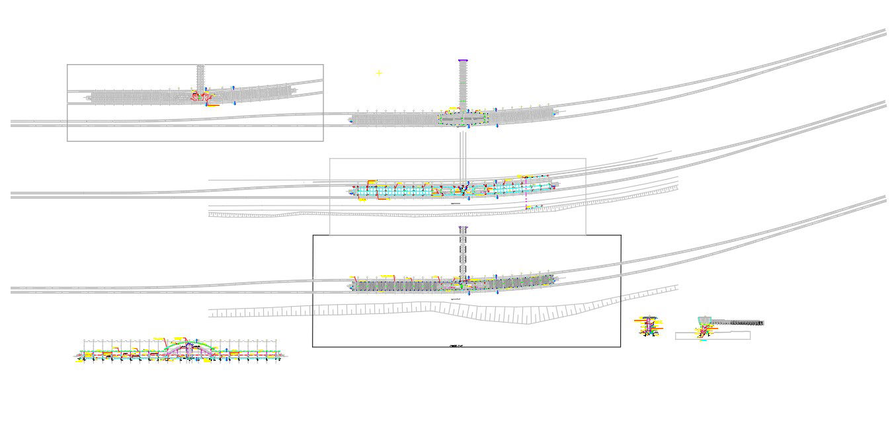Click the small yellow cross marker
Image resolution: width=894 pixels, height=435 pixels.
coord(379,73)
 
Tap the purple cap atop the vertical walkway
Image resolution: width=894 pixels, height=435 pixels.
coord(463,61)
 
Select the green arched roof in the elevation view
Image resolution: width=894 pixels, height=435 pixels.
coord(189,343)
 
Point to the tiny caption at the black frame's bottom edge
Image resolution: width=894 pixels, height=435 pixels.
coord(456,346)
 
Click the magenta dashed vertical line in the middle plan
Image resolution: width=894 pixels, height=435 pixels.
coord(526,196)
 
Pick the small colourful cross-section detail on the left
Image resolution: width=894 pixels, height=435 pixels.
coord(650,326)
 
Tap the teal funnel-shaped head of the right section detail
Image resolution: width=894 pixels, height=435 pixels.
coord(705,321)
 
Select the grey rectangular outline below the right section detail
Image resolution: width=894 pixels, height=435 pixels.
coord(712,336)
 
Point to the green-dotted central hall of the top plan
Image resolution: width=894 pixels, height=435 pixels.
coord(463,118)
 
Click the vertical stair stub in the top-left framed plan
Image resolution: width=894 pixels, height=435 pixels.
coord(200,76)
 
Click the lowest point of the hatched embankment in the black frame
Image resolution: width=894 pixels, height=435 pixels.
coord(526,323)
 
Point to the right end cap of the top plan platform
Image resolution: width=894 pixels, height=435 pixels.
coord(554,112)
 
